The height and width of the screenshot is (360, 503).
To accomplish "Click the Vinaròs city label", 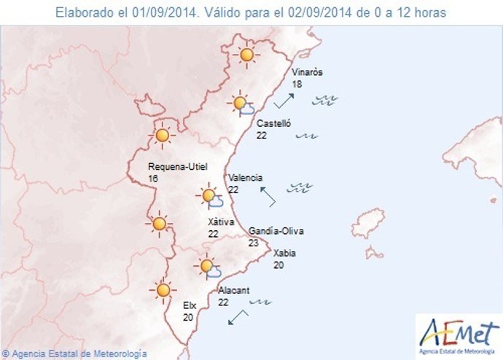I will (307, 73).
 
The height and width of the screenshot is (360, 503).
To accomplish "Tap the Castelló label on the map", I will (273, 124).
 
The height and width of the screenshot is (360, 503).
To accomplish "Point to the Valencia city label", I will (245, 178).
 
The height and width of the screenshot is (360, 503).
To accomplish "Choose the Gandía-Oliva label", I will (276, 231).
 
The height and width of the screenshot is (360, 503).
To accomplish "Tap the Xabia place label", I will (284, 254).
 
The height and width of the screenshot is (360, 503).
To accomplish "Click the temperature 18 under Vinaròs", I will (297, 85).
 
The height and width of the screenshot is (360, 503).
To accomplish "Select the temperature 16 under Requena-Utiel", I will (153, 179).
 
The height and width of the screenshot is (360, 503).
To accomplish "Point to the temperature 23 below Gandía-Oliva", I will (254, 243).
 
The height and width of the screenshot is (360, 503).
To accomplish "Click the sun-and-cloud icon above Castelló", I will (241, 106).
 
